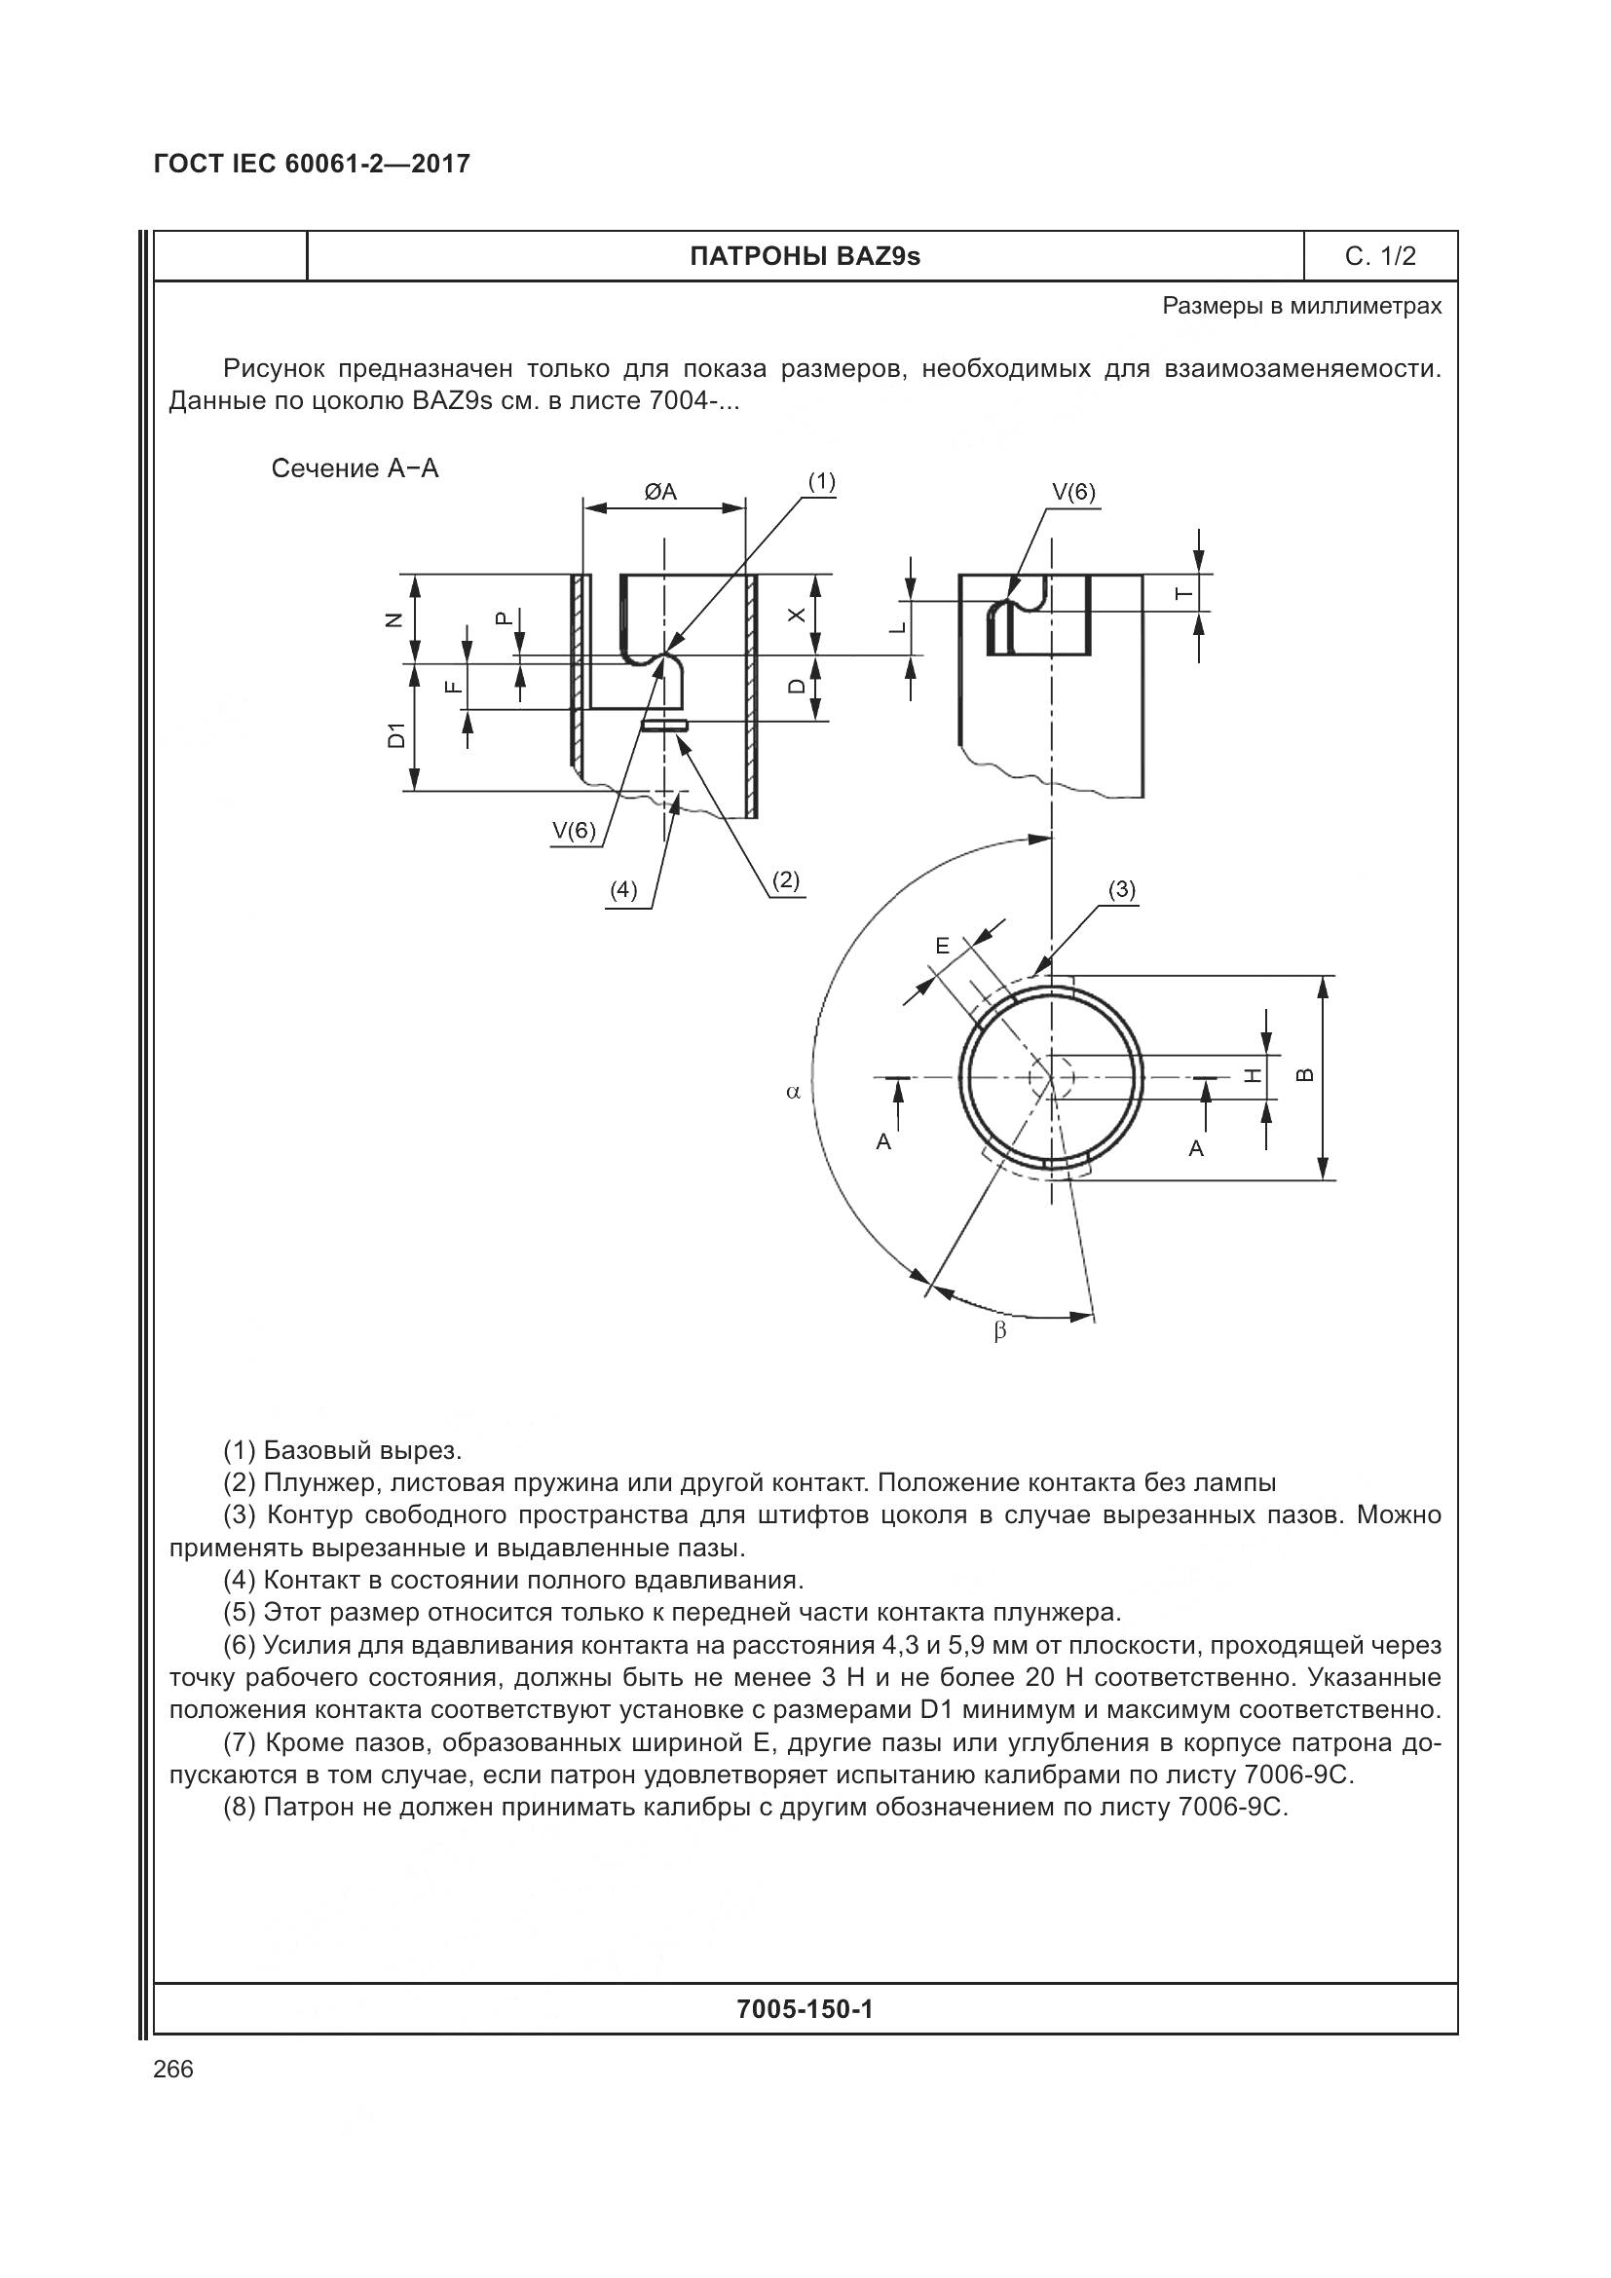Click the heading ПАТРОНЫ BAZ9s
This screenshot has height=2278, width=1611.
coord(805,257)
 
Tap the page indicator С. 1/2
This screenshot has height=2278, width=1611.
coord(1380,257)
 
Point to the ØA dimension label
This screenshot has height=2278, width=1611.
coord(660,492)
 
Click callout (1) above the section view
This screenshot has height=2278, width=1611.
coord(821,482)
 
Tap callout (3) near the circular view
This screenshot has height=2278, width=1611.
coord(1121,890)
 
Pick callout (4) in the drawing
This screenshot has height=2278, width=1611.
coord(623,890)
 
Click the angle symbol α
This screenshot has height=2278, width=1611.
coord(793,1093)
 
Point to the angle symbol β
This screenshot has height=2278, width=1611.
coord(1000,1331)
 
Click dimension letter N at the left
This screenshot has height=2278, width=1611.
coord(394,621)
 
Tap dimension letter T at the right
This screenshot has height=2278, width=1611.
coord(1181,594)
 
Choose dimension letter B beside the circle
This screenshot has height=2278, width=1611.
coord(1306,1074)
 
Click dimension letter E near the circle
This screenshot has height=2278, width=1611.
coord(943,947)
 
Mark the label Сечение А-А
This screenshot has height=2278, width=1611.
coord(356,469)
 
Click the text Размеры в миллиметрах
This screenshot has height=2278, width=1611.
coord(1301,307)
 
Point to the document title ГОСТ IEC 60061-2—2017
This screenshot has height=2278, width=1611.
coord(313,164)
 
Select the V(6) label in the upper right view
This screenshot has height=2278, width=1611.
coord(1073,493)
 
